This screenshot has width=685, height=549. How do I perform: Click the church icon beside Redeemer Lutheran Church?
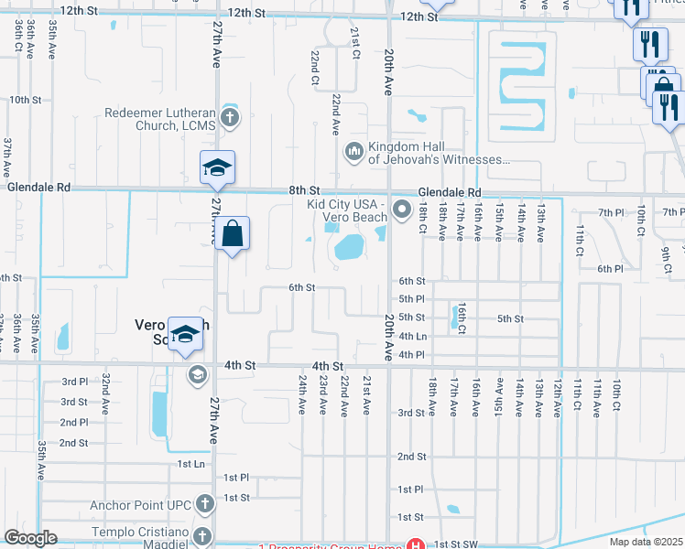point(228,117)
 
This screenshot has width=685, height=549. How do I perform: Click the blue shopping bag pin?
point(233,234)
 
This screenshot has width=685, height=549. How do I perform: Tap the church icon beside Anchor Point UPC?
point(204,503)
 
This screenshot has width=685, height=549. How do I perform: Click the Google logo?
point(31,538)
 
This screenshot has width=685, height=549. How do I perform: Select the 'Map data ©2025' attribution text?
point(645,542)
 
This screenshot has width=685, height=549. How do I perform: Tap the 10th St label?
point(26,99)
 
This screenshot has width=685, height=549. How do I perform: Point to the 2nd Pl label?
point(74,423)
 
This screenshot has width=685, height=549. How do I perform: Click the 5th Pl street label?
point(411,299)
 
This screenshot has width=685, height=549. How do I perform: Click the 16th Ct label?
point(463,318)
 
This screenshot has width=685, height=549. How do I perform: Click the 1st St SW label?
point(456,544)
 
